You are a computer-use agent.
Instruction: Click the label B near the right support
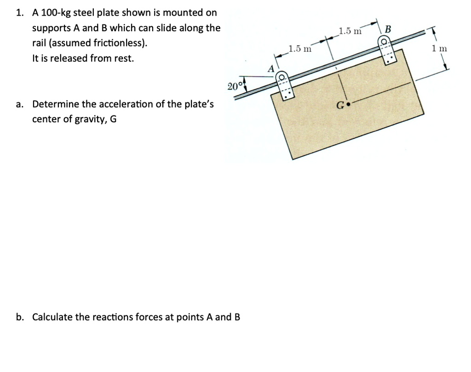[387, 30]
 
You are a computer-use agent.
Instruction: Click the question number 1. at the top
[20, 12]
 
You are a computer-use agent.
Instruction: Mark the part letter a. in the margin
[20, 104]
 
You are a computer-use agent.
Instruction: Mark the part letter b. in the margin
[20, 317]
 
